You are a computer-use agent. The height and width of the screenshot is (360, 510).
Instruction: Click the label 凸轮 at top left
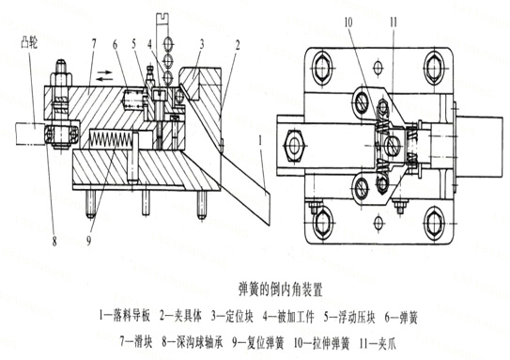tap(29, 42)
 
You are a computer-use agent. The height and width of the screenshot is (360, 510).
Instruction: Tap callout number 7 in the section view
tap(94, 44)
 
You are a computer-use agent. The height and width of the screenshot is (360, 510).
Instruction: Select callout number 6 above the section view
tap(116, 45)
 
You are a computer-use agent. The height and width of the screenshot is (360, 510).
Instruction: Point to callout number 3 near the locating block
tap(202, 43)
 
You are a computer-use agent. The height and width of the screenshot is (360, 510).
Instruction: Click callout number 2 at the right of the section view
tap(237, 45)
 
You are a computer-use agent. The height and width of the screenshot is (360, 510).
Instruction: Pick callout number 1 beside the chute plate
tap(260, 141)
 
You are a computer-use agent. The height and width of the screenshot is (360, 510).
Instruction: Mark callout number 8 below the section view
tap(54, 241)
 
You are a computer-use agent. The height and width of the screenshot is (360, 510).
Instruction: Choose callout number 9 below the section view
tap(88, 241)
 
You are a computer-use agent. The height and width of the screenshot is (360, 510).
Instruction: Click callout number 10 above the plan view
tap(348, 23)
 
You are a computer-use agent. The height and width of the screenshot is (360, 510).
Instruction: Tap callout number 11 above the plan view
tap(394, 23)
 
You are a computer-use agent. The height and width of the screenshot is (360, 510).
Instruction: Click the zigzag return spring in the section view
tap(111, 138)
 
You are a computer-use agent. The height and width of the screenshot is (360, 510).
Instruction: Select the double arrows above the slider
tap(105, 75)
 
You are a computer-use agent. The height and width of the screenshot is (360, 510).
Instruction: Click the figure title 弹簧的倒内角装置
tap(281, 289)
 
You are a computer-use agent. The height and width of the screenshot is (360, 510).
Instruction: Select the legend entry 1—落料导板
tap(124, 316)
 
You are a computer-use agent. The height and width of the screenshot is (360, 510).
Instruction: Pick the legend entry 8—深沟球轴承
tap(193, 342)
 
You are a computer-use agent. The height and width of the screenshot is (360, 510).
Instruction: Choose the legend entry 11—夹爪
tap(379, 343)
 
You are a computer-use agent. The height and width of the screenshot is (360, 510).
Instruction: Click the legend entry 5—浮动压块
tap(349, 316)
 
